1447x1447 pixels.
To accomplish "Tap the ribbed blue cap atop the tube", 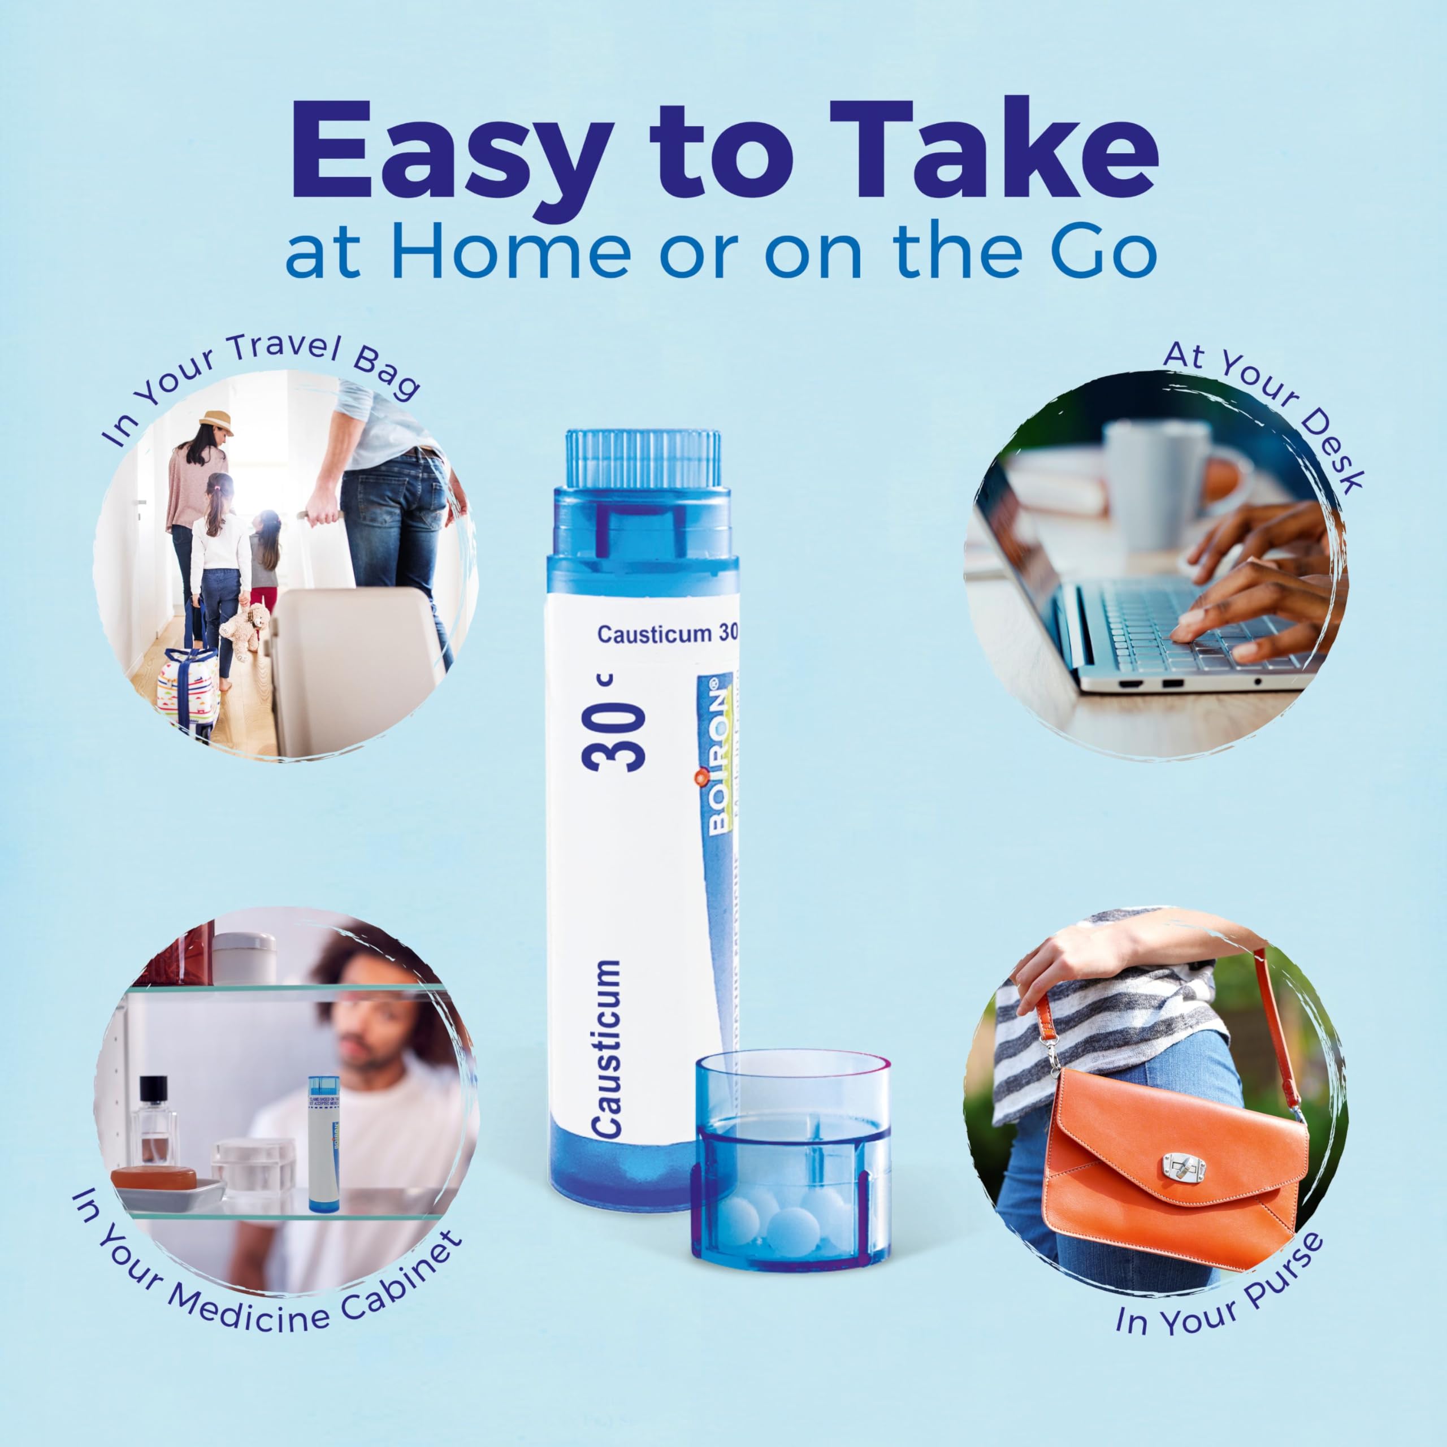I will tap(643, 458).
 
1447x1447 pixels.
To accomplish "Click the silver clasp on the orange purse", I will tap(1184, 1166).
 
